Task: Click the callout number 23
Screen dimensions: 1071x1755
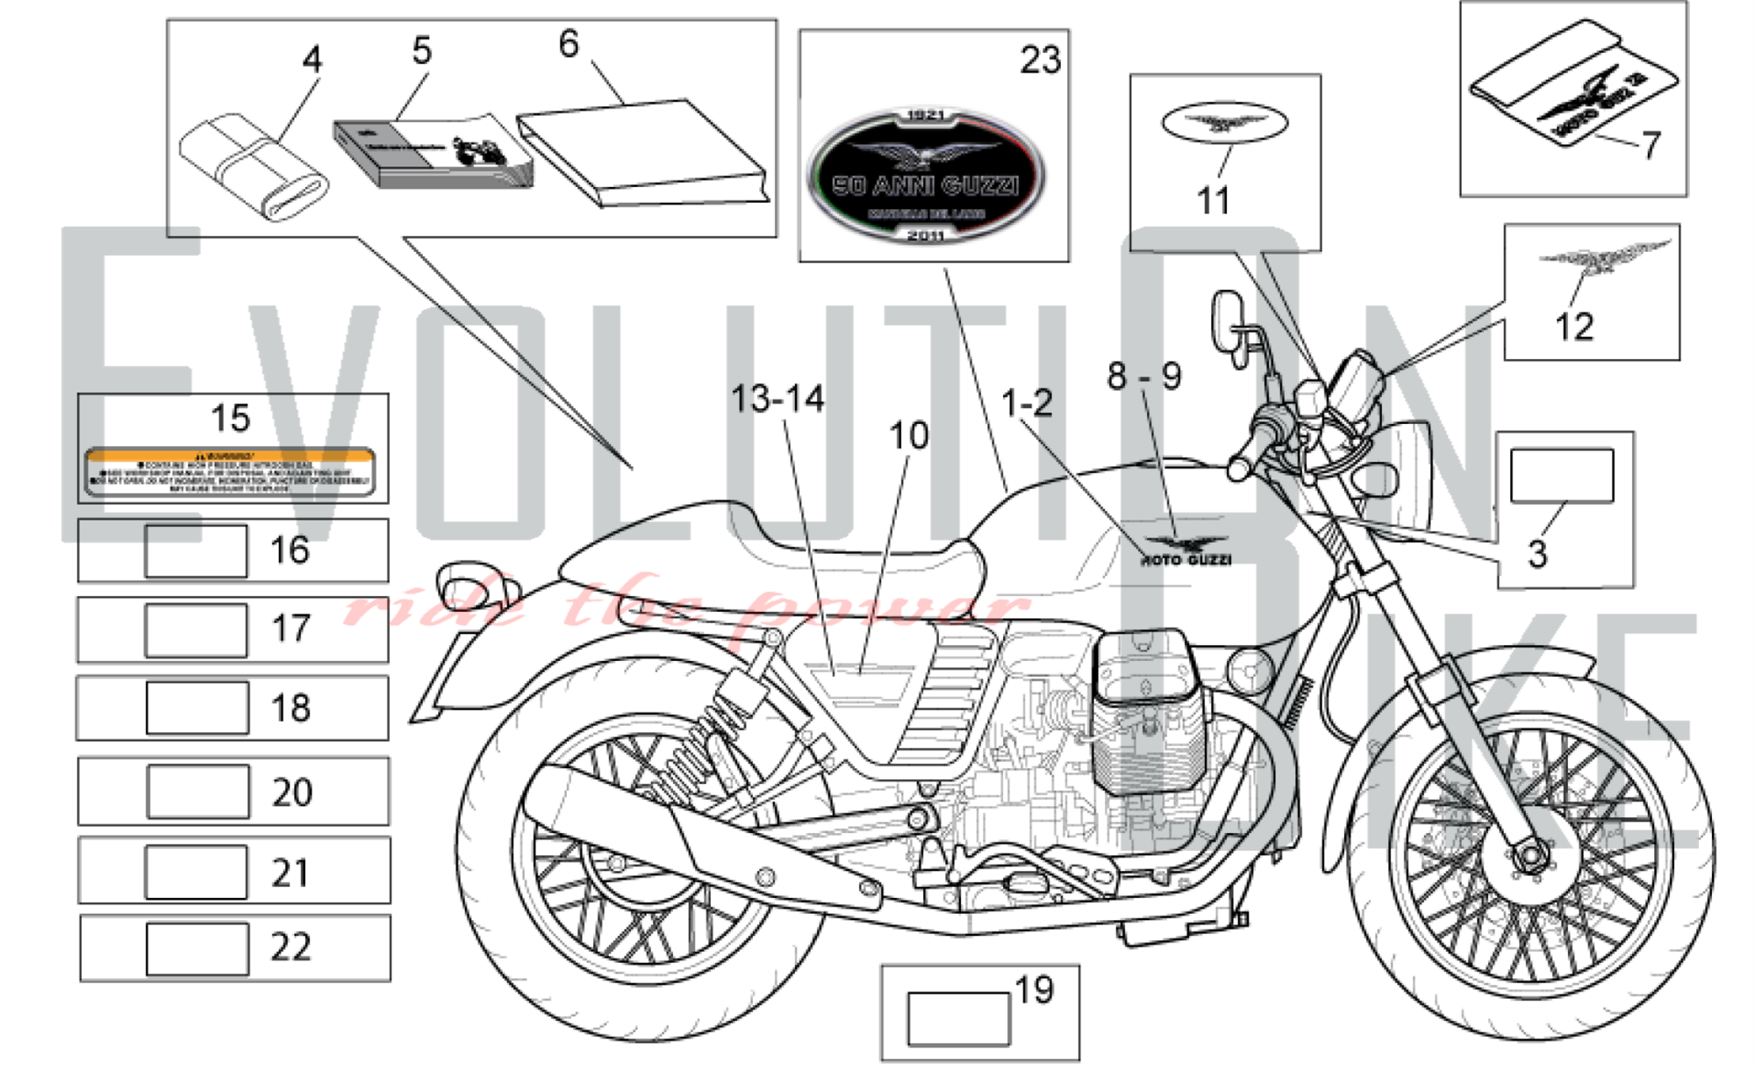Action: click(1040, 60)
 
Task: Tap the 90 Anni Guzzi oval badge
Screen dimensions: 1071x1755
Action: click(926, 176)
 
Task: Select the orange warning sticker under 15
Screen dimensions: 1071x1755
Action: click(230, 471)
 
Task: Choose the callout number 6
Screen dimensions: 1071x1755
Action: click(569, 44)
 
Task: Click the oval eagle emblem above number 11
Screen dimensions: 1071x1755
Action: click(1224, 123)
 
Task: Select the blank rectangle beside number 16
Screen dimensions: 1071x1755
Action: click(196, 551)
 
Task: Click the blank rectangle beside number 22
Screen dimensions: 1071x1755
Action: click(197, 949)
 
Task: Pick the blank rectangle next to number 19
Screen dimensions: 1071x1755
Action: click(958, 1019)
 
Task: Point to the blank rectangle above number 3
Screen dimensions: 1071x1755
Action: click(1561, 476)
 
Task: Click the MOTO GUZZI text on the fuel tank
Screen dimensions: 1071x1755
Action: click(1186, 560)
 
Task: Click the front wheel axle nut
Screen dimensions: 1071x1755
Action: click(1531, 855)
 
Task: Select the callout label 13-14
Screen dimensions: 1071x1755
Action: click(777, 399)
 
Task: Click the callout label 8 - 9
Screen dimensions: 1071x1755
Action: click(1143, 377)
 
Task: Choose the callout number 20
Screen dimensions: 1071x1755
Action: click(292, 793)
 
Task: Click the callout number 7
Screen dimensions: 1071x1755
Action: click(1651, 144)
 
